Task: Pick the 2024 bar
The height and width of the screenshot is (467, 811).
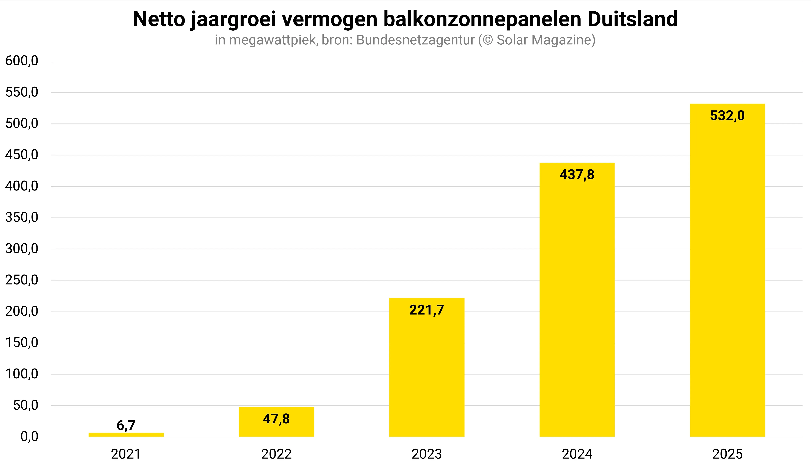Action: [x=577, y=305]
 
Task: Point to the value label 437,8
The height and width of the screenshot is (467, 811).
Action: [x=577, y=175]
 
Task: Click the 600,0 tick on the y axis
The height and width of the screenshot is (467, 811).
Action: [x=22, y=61]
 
